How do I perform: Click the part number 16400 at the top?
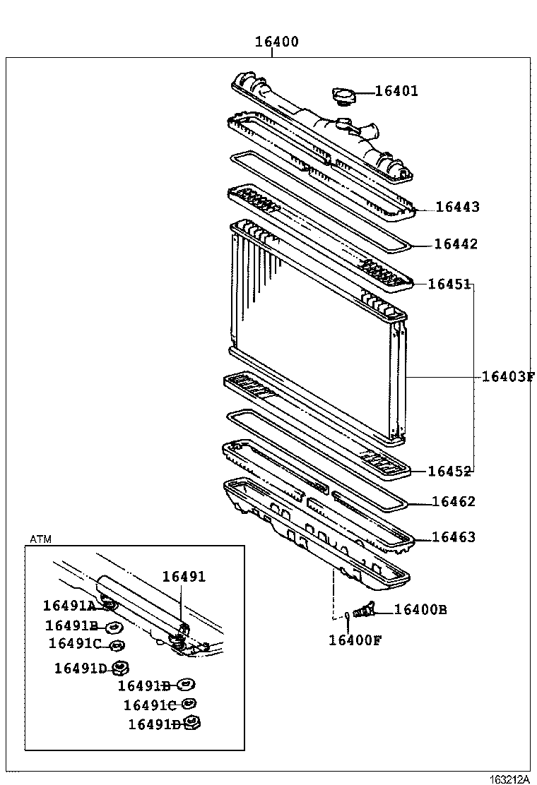(276, 42)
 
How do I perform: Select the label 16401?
(396, 91)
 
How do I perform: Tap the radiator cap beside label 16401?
(344, 96)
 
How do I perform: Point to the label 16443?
(457, 207)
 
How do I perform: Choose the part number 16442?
(456, 244)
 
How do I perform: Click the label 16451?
(449, 284)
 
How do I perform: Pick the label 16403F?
(507, 376)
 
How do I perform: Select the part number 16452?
(450, 472)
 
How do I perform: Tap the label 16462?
(453, 502)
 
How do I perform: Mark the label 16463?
(453, 537)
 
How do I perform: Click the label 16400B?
(420, 610)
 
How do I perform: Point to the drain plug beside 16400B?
(366, 609)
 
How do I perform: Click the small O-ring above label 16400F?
(348, 617)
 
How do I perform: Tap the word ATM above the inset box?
(41, 539)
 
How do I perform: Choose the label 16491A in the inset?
(69, 606)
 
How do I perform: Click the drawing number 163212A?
(509, 779)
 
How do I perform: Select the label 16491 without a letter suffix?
(184, 577)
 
